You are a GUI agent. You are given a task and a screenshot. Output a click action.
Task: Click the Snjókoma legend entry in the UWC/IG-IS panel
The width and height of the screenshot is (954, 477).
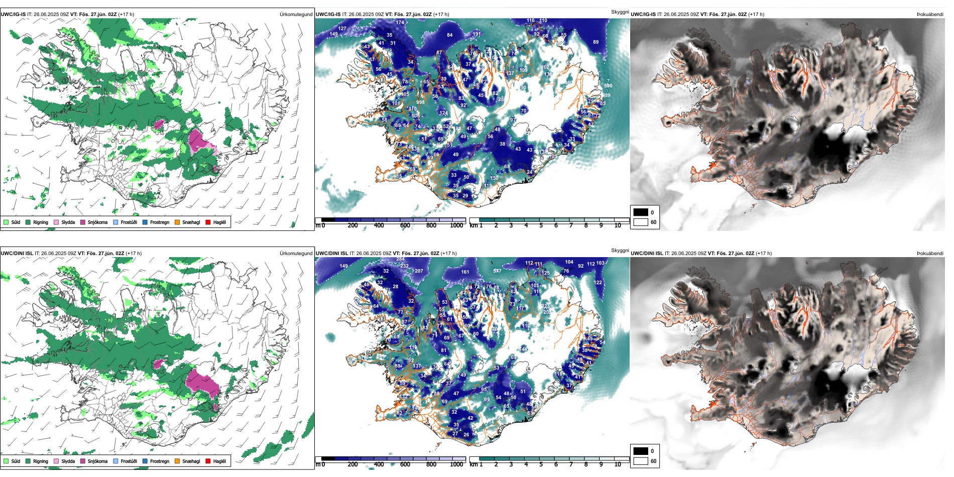click(x=97, y=222)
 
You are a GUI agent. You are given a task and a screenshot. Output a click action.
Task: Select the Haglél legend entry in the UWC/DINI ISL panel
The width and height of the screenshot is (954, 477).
click(x=219, y=461)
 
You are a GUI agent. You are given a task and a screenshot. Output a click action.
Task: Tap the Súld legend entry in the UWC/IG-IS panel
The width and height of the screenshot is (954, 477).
click(x=16, y=222)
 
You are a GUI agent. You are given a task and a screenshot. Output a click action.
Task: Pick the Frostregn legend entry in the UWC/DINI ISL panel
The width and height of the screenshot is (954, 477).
click(x=159, y=461)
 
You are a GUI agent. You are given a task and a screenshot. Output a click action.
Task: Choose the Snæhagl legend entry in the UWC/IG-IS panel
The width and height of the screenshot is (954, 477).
click(x=191, y=222)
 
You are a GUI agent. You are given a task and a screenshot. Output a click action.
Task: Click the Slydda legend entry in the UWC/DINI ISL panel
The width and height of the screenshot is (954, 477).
click(x=68, y=461)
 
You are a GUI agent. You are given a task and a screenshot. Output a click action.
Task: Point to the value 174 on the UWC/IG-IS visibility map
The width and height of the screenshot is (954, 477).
click(x=400, y=23)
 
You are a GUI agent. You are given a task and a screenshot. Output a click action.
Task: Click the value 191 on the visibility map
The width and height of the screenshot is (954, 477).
click(x=476, y=34)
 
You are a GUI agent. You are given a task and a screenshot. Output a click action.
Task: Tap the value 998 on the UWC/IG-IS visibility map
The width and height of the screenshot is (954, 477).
click(x=420, y=102)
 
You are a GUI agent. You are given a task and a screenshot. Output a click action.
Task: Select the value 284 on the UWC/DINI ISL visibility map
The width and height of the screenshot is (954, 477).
click(x=400, y=259)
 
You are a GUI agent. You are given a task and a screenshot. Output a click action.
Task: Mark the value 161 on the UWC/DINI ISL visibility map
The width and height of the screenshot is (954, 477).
click(x=465, y=272)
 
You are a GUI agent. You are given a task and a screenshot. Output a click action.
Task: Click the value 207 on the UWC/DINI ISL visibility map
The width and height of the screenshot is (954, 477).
click(x=419, y=271)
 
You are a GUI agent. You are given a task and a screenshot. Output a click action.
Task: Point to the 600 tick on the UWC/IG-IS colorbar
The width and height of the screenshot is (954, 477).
click(x=405, y=225)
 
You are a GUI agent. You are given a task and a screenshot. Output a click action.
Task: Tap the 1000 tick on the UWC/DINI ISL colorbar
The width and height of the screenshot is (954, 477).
click(x=456, y=464)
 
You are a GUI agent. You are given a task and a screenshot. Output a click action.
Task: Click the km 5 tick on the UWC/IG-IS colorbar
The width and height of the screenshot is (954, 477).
click(x=541, y=225)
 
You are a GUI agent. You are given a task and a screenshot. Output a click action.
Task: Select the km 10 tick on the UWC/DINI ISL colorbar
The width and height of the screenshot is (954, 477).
click(x=618, y=464)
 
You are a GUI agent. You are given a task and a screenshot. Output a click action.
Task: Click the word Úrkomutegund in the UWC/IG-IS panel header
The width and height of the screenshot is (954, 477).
click(x=296, y=15)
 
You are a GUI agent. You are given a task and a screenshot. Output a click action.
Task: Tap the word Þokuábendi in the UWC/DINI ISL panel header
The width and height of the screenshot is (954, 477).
click(x=930, y=254)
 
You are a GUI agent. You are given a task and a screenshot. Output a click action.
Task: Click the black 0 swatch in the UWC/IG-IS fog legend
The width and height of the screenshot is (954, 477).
click(x=641, y=212)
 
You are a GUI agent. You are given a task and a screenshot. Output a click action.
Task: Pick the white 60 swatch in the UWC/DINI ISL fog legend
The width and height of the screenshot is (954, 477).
click(x=641, y=461)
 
